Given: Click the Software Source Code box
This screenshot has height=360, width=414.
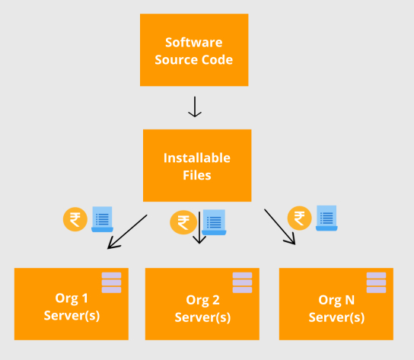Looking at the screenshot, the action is tap(194, 50).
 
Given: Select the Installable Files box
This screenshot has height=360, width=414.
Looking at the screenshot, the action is tap(197, 166).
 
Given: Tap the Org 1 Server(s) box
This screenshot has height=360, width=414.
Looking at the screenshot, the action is tap(72, 304).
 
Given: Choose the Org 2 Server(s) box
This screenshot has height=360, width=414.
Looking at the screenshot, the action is tap(202, 304).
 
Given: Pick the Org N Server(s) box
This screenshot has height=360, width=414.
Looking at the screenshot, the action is tap(336, 304).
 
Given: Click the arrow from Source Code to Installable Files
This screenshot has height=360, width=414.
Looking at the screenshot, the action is tap(195, 107).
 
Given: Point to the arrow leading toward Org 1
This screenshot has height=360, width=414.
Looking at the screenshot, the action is tap(127, 231).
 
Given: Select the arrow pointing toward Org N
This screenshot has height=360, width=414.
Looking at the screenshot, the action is tap(280, 227).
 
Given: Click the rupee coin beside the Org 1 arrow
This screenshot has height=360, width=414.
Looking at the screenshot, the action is tap(75, 219).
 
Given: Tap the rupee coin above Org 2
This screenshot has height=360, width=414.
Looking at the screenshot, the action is tap(183, 222).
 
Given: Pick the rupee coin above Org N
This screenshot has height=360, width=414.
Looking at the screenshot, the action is tap(299, 218).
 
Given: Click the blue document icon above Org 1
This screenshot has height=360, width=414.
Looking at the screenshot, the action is tap(102, 219).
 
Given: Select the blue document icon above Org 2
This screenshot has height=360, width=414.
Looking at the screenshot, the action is tap(214, 222).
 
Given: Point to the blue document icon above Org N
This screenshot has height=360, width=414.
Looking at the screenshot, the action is tap(326, 218).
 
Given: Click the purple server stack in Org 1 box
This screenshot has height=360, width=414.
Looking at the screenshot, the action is tap(111, 282).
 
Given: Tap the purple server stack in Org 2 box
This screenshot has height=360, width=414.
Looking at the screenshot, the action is tap(242, 282).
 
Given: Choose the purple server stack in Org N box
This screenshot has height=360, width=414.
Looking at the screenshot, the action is tap(376, 282).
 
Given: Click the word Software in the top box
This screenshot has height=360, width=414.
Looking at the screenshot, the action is tap(194, 43).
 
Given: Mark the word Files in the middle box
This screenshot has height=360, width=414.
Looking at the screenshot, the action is tap(197, 175).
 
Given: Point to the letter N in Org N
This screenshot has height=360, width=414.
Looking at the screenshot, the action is tap(349, 300).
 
